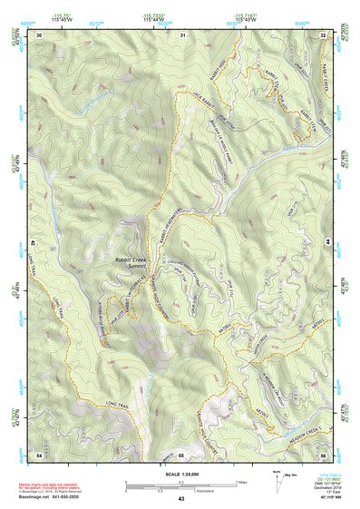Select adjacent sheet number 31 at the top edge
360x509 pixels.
tap(181, 34)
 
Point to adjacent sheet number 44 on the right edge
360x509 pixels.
tap(327, 243)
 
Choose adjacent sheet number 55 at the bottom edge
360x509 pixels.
tap(181, 453)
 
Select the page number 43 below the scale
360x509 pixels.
tap(180, 499)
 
